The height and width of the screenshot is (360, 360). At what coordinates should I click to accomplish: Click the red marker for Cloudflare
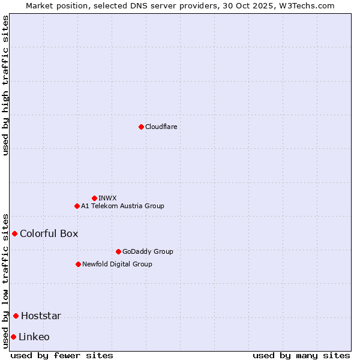click(x=141, y=127)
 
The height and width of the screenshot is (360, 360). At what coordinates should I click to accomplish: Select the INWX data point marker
click(x=94, y=198)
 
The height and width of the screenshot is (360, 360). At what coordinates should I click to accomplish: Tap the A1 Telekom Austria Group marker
click(x=77, y=206)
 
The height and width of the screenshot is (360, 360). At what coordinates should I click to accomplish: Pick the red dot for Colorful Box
click(x=14, y=233)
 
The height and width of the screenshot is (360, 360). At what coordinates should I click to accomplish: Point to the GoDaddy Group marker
click(x=118, y=251)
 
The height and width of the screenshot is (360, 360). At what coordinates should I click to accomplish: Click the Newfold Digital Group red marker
click(x=78, y=264)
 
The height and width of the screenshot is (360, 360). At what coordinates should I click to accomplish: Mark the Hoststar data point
click(x=16, y=316)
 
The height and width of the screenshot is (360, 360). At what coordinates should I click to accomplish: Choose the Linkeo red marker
click(x=13, y=337)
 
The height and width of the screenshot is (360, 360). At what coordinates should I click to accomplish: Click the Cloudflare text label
click(x=161, y=127)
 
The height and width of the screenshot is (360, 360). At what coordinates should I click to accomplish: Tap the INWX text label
click(x=107, y=198)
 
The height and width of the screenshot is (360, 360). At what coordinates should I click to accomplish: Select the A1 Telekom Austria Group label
click(x=122, y=206)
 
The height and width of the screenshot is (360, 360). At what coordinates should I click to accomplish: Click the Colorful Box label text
click(x=49, y=233)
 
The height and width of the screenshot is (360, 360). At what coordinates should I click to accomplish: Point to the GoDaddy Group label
click(x=147, y=251)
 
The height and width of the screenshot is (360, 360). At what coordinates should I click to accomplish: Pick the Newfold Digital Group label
click(x=117, y=264)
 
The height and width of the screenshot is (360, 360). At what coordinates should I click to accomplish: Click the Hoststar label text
click(x=41, y=316)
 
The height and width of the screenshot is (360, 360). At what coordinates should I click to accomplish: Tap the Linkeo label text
click(x=34, y=337)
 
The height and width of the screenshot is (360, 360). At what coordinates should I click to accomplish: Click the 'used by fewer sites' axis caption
click(x=62, y=355)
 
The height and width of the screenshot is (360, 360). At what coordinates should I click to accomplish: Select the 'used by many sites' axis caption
click(x=301, y=355)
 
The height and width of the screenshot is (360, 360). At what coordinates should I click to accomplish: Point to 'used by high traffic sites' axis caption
click(x=5, y=85)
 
